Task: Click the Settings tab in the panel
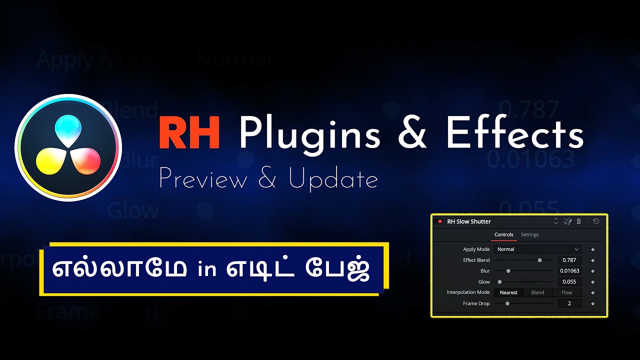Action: tap(529, 234)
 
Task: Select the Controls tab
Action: tap(503, 234)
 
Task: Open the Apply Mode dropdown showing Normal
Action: tap(537, 249)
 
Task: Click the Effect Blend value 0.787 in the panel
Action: tap(569, 260)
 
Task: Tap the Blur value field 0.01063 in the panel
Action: tap(569, 271)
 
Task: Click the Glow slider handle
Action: tap(499, 282)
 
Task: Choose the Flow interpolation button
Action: tap(566, 292)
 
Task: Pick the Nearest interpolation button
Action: tap(508, 292)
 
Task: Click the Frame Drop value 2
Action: tap(569, 303)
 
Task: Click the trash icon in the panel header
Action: tap(579, 221)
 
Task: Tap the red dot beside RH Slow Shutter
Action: tap(440, 221)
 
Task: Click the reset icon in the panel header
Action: tap(596, 221)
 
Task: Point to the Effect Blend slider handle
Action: tap(539, 260)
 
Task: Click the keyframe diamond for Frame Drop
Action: tap(593, 303)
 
